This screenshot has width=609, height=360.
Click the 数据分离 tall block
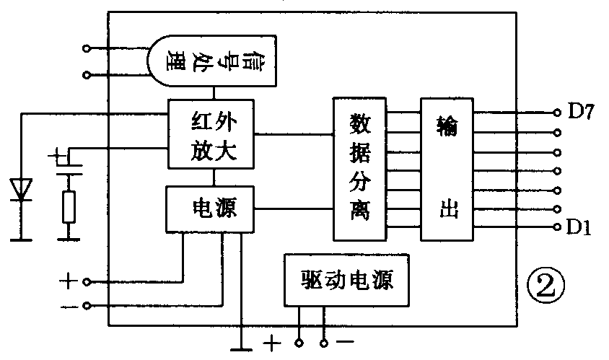[x=359, y=169]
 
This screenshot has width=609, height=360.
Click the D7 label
[x=580, y=112]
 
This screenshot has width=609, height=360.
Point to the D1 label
[x=579, y=227]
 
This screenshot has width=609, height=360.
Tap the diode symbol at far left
[x=22, y=189]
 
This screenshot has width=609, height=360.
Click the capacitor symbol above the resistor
[x=69, y=164]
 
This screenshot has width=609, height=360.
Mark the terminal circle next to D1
[x=556, y=227]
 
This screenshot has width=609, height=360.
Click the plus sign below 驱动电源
[x=271, y=344]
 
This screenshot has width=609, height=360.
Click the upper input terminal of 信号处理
[x=87, y=49]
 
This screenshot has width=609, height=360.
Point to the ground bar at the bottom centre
[x=242, y=349]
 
